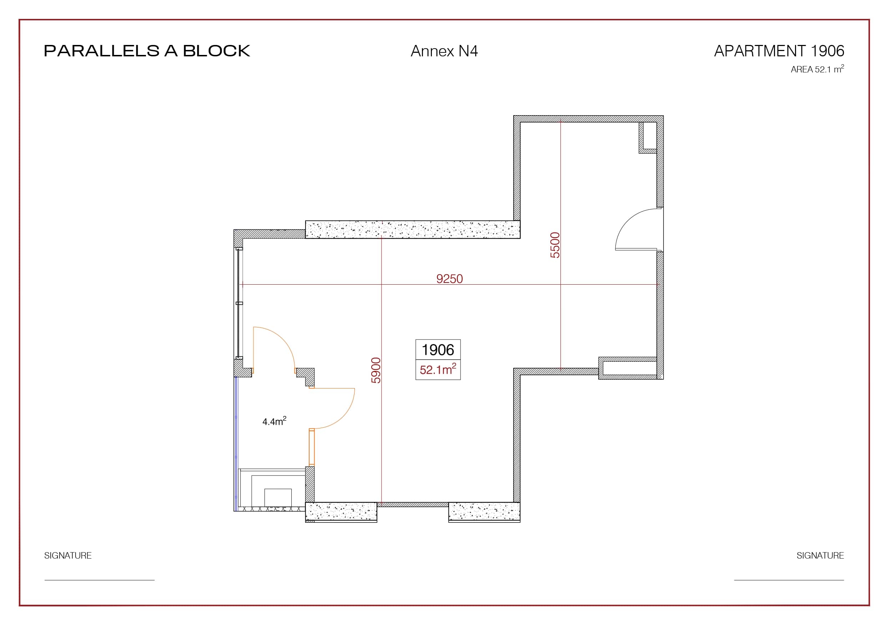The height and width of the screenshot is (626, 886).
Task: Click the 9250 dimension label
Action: click(449, 279)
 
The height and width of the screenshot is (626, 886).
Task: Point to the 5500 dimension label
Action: click(555, 245)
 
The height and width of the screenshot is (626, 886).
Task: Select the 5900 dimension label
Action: click(376, 370)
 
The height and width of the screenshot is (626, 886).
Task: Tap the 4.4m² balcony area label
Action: click(275, 421)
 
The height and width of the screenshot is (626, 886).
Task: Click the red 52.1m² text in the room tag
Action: click(438, 369)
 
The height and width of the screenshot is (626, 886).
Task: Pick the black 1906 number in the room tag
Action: click(438, 350)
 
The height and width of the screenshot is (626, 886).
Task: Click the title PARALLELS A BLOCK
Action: click(147, 51)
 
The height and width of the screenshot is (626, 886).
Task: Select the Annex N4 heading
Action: click(444, 51)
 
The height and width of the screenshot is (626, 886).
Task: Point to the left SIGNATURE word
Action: click(68, 555)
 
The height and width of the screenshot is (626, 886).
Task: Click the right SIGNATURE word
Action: click(820, 555)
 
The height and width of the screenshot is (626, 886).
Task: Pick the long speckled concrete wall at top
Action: click(413, 229)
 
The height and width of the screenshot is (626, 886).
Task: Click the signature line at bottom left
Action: click(100, 580)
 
